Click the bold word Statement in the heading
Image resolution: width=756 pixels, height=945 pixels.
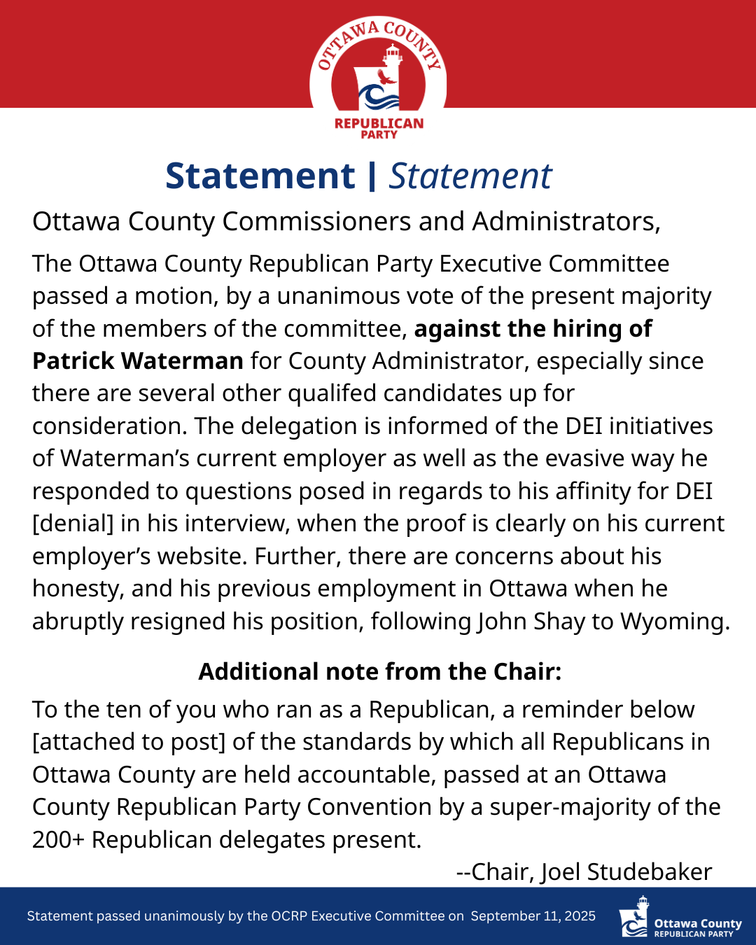[x=260, y=176]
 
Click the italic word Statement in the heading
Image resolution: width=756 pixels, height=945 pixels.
[x=470, y=176]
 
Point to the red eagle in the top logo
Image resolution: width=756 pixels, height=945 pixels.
[x=385, y=77]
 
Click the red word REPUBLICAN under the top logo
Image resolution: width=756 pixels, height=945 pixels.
[x=379, y=124]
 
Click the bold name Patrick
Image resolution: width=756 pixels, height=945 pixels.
[x=73, y=360]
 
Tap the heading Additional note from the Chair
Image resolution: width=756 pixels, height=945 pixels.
[x=379, y=671]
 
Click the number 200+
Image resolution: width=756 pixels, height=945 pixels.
[x=58, y=839]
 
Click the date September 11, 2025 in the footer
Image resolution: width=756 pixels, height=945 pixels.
[x=533, y=916]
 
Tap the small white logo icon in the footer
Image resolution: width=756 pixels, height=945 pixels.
[x=633, y=916]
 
